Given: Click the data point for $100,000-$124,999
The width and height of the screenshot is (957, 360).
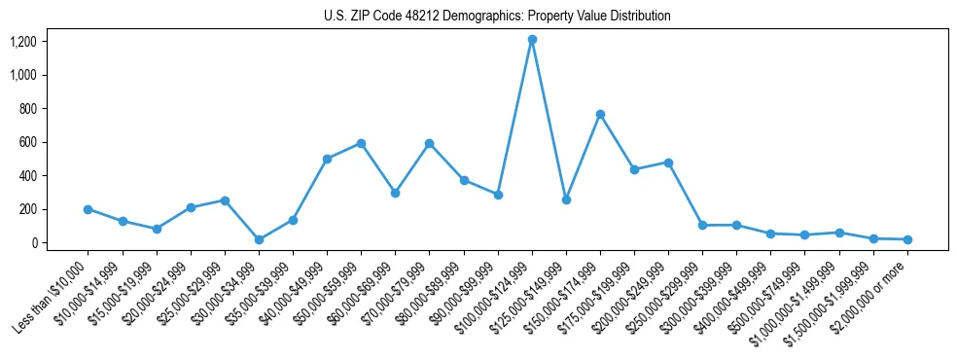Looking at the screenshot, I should (532, 40).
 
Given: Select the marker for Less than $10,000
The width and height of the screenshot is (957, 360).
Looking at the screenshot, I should (89, 209).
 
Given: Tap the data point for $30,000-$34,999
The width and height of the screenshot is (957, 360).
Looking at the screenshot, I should (259, 239).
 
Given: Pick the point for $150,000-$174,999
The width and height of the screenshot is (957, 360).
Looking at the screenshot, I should (600, 114).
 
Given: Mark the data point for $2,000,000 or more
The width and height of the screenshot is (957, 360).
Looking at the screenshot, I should (907, 239).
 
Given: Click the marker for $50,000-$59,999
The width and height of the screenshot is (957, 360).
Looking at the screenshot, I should (361, 143).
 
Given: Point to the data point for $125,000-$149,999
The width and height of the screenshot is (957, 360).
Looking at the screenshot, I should (566, 199).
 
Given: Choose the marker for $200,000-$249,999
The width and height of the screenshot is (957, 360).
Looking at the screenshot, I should (668, 162).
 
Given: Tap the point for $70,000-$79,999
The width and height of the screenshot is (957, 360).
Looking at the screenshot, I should (429, 143).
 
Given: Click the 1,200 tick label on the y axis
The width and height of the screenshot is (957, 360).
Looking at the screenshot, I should (23, 42).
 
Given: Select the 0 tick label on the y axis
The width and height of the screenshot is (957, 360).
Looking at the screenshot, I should (32, 243).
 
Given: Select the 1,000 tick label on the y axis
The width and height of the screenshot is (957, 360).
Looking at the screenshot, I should (23, 75).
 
